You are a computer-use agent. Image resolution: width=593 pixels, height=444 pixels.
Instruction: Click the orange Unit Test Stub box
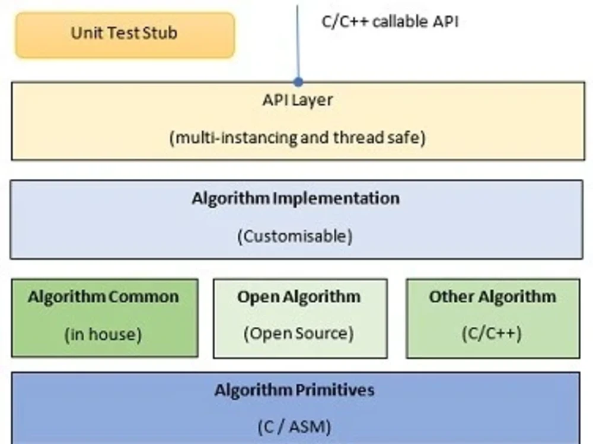(x=125, y=35)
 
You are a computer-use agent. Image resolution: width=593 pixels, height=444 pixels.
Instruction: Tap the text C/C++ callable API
(x=390, y=22)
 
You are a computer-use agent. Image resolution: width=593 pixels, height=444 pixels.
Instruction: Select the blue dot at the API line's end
(x=298, y=82)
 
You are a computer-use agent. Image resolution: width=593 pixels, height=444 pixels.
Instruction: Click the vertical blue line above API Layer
(x=298, y=41)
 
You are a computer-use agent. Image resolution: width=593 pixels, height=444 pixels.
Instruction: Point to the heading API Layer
(x=297, y=100)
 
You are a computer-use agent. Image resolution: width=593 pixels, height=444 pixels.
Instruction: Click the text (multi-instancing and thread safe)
(x=297, y=138)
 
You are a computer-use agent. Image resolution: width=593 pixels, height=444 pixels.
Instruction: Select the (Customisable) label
(x=295, y=236)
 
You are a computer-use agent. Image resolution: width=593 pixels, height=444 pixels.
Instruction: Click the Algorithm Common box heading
(x=103, y=297)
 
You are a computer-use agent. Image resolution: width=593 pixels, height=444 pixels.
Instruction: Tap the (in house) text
(x=103, y=334)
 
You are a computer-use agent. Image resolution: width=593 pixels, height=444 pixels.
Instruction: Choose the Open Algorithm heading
(x=299, y=297)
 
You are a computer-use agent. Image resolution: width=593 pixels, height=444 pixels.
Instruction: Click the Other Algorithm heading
(x=492, y=297)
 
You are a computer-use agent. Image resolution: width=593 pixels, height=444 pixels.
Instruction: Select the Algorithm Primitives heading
(x=295, y=391)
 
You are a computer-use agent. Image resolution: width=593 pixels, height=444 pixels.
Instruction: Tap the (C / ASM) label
(x=294, y=426)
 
